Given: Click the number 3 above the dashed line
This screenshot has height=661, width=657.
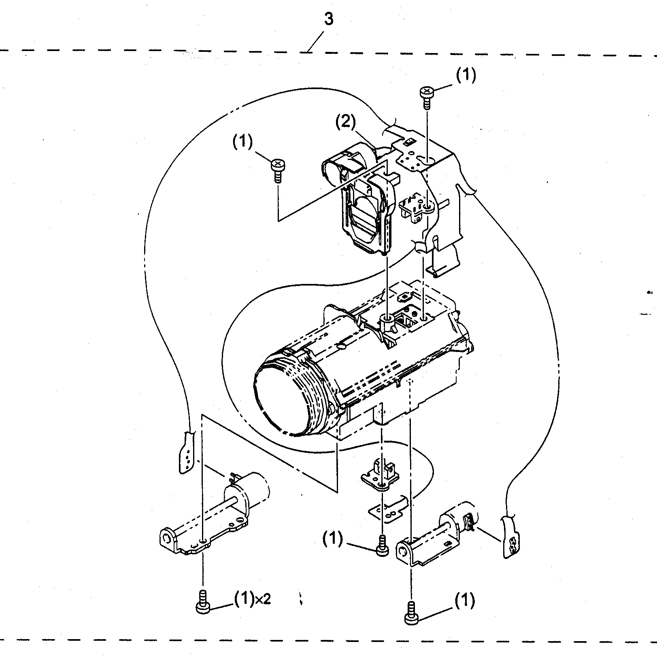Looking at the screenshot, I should click(x=328, y=19).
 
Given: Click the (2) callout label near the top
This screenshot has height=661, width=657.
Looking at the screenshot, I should click(x=346, y=122).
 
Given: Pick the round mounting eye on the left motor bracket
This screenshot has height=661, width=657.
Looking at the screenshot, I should click(x=167, y=538).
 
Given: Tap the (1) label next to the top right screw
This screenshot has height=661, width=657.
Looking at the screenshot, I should click(x=466, y=75).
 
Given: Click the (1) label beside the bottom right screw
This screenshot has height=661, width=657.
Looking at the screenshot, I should click(x=464, y=601).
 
